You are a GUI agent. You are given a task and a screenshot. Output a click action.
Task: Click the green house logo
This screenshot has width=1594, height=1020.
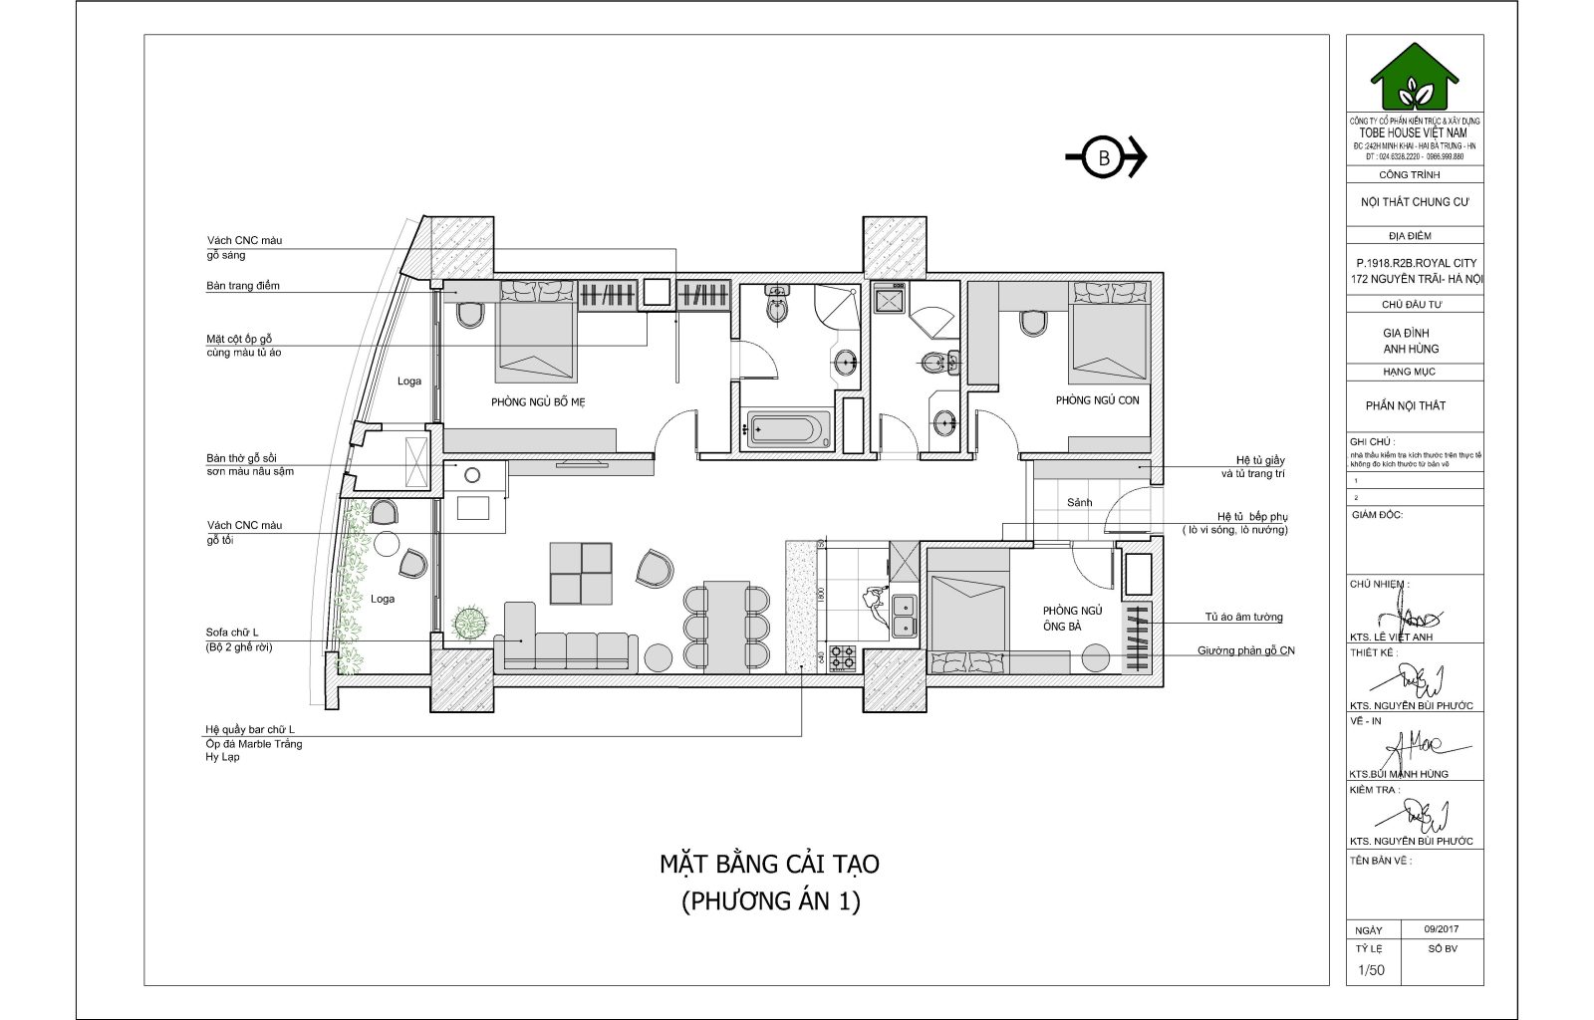(1414, 77)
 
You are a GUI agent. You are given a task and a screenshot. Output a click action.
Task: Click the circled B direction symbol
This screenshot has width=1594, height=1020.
(1104, 157)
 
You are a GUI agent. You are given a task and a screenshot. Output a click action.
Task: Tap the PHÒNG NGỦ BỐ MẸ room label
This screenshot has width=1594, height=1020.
(538, 402)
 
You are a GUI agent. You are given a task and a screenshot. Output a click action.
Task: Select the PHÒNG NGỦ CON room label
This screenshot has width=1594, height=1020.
(1097, 400)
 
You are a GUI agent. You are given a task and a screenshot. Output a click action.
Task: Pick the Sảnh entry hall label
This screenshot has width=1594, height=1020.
(1079, 503)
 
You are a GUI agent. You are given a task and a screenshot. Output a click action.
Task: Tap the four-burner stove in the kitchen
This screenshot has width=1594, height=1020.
(843, 657)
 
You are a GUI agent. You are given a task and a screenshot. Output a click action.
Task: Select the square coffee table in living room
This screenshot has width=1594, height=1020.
(581, 573)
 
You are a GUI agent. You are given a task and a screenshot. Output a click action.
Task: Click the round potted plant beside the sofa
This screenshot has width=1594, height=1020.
(470, 624)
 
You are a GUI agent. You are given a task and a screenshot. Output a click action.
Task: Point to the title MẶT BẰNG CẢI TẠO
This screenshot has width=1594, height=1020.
(769, 864)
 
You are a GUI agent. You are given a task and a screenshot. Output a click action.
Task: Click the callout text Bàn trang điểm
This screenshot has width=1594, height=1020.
(243, 286)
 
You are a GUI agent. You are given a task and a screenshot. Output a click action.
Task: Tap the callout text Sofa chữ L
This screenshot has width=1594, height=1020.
(232, 633)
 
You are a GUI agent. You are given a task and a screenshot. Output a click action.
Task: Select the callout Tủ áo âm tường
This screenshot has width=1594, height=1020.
(1243, 618)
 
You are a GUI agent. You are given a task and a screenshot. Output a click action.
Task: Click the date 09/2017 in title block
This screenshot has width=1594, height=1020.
(1441, 928)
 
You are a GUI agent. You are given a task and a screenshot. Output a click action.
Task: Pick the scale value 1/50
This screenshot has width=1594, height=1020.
(1372, 970)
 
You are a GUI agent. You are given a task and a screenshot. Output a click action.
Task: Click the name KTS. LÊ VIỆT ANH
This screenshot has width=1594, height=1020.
(1391, 637)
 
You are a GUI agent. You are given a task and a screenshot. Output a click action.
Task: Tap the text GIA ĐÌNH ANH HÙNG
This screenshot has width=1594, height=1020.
(1411, 341)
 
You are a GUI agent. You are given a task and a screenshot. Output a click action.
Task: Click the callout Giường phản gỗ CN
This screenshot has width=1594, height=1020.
(1245, 651)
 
